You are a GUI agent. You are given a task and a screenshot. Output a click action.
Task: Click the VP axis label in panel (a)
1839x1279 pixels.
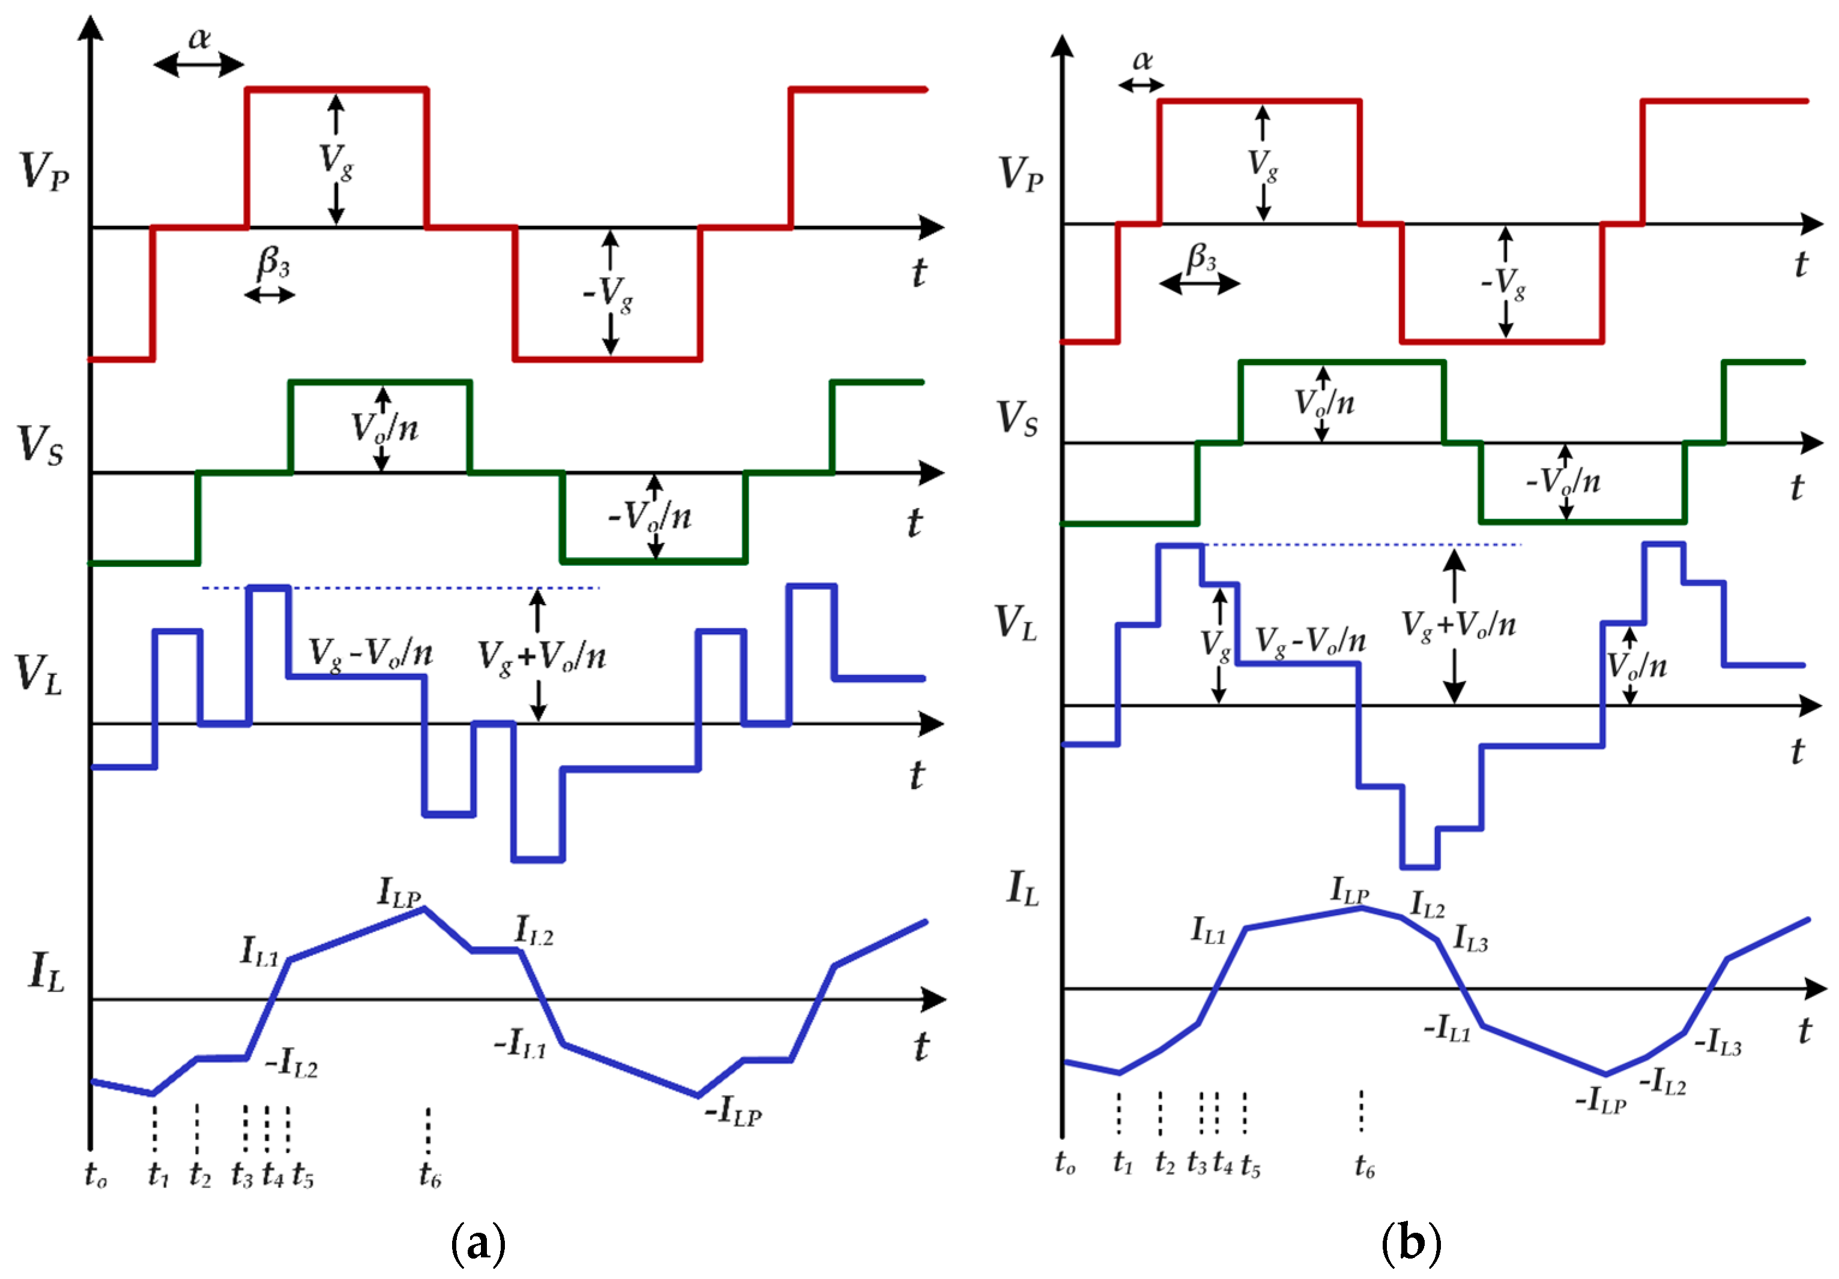point(44,171)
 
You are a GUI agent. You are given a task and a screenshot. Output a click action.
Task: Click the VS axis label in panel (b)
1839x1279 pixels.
point(1016,418)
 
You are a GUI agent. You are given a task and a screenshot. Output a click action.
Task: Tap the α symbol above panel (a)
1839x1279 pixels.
point(199,37)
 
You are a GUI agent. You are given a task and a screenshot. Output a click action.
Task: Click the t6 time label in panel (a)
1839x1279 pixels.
point(429,1175)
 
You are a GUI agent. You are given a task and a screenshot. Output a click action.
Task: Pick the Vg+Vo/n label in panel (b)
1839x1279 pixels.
point(1458,624)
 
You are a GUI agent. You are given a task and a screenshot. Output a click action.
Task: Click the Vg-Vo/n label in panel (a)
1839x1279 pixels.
point(371,653)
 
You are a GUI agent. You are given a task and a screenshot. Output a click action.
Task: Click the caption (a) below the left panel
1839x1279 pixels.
point(478,1243)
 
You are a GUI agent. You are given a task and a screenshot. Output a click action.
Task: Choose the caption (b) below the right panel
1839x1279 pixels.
point(1412,1243)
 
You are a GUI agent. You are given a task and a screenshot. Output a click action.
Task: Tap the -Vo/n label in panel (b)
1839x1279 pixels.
point(1563,482)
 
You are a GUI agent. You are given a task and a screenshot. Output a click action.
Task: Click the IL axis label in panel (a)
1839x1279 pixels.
point(46,972)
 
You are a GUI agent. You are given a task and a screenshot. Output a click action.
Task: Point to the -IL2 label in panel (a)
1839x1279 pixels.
point(292,1063)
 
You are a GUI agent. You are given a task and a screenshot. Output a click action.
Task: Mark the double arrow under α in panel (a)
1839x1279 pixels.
point(199,64)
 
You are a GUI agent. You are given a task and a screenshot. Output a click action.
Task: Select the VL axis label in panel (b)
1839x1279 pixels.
point(1016,622)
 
